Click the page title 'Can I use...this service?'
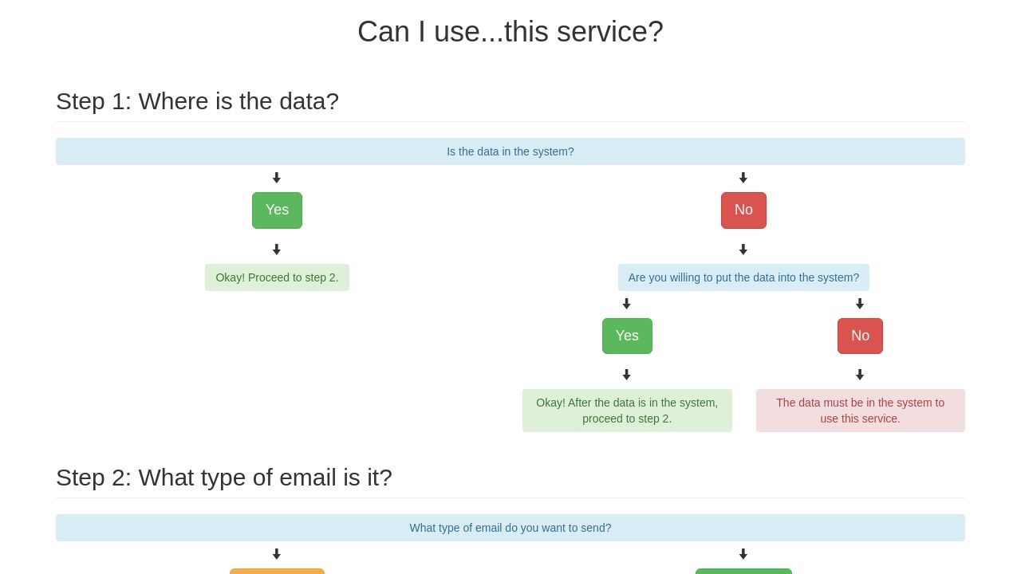[510, 32]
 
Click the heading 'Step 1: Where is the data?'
[197, 101]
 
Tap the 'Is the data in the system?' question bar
[510, 151]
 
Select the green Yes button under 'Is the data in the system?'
[277, 210]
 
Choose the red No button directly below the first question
[743, 210]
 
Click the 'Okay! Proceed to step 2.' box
[277, 277]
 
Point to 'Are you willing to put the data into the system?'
[743, 277]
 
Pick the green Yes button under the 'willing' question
[627, 336]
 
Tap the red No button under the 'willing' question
[860, 336]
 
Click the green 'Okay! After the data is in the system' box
[627, 411]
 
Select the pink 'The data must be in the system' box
[860, 411]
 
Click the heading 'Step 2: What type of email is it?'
[224, 478]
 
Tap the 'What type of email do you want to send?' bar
[510, 528]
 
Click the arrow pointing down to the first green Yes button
[277, 178]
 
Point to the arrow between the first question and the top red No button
[743, 178]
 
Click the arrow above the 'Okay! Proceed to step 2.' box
[277, 250]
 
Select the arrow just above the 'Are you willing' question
[743, 250]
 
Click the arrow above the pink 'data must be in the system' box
[860, 375]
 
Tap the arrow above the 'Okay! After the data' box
[627, 375]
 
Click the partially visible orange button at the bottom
[277, 571]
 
